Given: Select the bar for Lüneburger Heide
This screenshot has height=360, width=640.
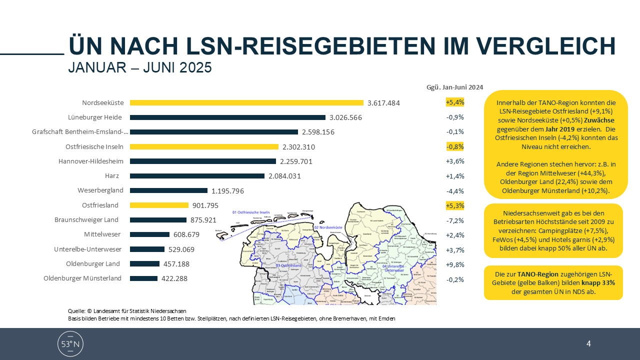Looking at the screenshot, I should point(227,117).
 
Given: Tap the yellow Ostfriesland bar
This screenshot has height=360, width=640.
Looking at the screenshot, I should point(159,205).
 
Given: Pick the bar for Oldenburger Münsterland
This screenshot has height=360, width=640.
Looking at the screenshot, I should point(143,278).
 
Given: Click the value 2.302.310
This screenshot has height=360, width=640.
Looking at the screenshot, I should point(298,147).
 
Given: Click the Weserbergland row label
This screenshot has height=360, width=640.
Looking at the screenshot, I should point(100,190).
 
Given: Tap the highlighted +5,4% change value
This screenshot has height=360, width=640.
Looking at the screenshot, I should point(455,102).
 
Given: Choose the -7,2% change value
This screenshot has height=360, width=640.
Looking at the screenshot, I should point(455,220).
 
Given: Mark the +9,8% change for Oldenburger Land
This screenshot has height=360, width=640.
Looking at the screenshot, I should point(455,264).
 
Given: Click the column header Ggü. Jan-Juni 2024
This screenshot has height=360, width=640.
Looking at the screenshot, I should point(454,86).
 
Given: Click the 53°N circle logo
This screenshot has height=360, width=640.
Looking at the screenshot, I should point(70,343).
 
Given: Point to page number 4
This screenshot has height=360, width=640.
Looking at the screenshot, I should point(588,343).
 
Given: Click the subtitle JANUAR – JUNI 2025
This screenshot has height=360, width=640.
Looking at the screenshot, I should point(140,67).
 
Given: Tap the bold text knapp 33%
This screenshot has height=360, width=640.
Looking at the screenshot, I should point(595,282).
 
